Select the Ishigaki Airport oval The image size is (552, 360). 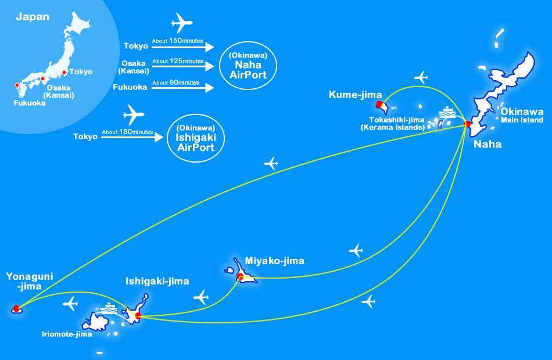coord(191,137)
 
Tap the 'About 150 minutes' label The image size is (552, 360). coord(177,40)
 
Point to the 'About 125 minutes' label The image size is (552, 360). coord(177,61)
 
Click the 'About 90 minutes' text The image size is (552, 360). coord(175,83)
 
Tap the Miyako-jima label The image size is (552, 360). coord(274,261)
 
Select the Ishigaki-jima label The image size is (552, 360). coord(157,281)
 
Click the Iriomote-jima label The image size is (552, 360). coord(66,334)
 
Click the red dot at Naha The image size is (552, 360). coord(468,124)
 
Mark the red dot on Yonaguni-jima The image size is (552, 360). coord(16,308)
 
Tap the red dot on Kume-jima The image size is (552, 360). coord(379,105)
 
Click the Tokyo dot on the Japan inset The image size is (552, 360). coord(64,73)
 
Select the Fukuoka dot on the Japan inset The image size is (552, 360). coord(17,86)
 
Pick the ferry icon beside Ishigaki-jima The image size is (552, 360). coord(109,308)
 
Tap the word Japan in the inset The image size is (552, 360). coord(33,17)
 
